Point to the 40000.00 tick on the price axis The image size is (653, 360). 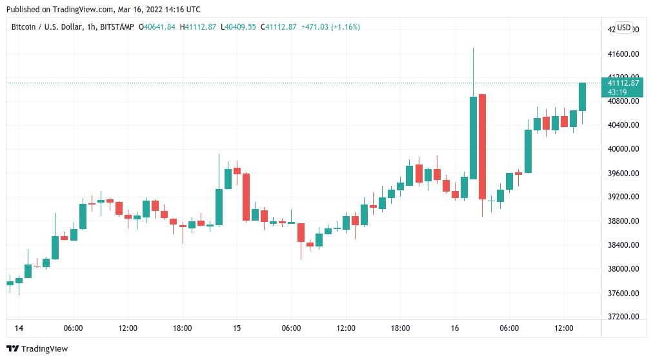(623, 149)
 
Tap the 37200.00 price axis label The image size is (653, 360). (623, 317)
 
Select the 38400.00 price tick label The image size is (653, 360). (623, 245)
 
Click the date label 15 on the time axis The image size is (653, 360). (237, 328)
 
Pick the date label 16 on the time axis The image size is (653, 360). (455, 328)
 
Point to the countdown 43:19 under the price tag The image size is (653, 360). (618, 92)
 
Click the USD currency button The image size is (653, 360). (624, 28)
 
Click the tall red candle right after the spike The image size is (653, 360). (482, 146)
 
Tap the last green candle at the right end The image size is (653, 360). (582, 97)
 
